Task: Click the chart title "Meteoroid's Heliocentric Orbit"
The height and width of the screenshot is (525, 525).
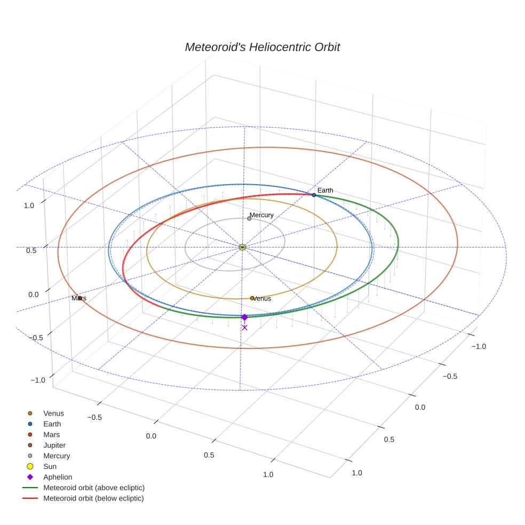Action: click(262, 47)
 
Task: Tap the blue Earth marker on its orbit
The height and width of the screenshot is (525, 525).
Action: click(314, 195)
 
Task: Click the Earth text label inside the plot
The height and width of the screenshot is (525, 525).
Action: click(325, 190)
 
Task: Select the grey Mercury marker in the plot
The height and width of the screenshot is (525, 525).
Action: click(249, 218)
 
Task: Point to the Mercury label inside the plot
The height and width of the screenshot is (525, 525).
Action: click(262, 215)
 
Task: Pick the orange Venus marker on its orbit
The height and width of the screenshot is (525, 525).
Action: click(252, 298)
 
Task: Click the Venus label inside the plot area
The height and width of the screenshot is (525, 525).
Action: click(262, 299)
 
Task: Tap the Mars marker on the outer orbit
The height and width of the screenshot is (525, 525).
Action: click(79, 298)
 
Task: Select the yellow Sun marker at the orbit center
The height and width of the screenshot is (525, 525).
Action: click(242, 247)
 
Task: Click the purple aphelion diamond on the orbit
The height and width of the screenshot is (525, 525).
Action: click(244, 317)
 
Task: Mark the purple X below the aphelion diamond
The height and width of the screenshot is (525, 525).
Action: click(244, 328)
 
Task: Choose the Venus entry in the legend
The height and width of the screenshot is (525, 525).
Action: click(53, 413)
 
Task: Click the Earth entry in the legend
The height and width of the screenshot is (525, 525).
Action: click(52, 424)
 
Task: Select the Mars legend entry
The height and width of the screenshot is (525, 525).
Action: click(51, 435)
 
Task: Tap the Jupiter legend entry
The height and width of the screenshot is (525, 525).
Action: click(54, 446)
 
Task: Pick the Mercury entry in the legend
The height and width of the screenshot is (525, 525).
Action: click(57, 456)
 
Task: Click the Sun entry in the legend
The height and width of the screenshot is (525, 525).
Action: click(50, 466)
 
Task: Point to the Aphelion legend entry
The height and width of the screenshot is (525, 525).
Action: click(58, 477)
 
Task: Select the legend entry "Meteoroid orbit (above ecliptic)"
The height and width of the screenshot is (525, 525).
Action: click(94, 488)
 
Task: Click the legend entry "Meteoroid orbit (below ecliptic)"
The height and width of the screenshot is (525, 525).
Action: click(94, 498)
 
